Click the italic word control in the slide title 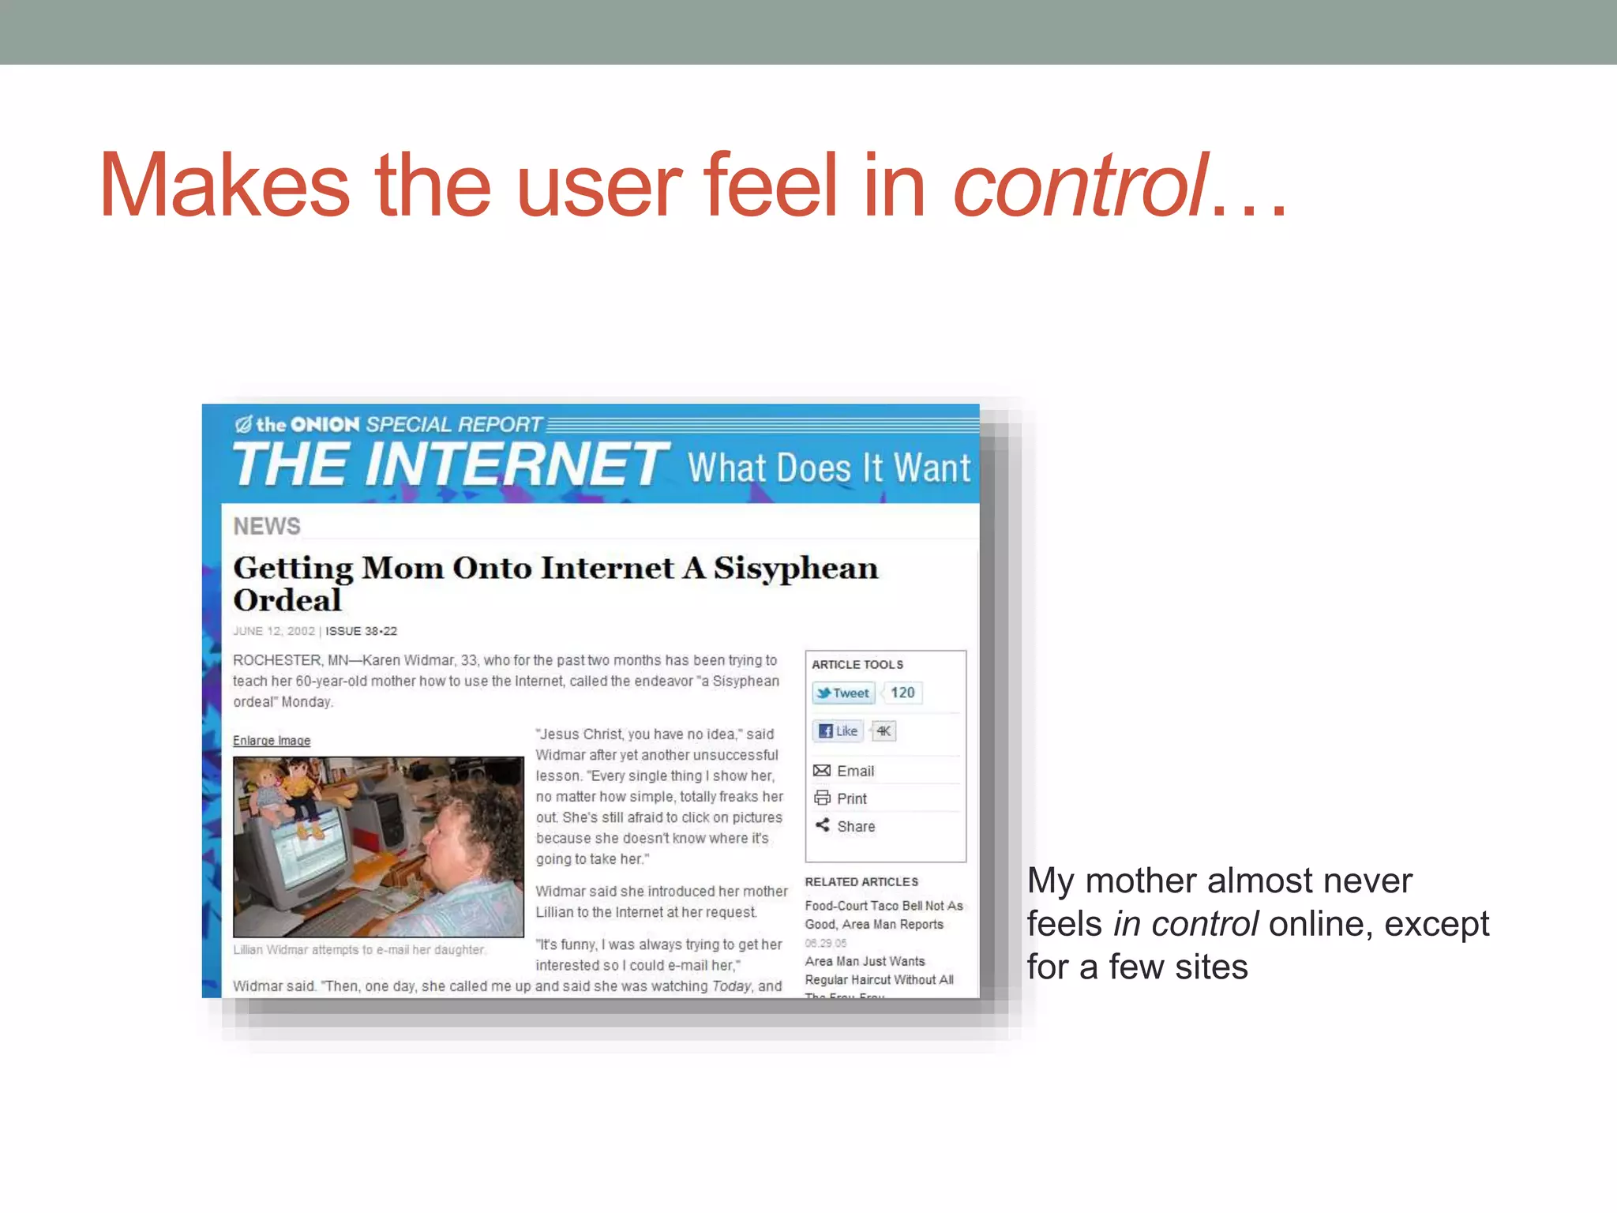coord(1080,186)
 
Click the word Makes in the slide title coord(224,186)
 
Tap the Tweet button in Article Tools coord(842,693)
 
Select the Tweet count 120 coord(902,693)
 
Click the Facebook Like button coord(838,731)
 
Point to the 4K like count coord(884,731)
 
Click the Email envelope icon coord(822,771)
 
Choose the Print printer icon coord(822,798)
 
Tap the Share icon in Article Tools coord(822,825)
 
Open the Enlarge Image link coord(272,741)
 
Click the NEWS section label coord(267,527)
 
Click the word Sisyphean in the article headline coord(796,569)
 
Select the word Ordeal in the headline coord(287,601)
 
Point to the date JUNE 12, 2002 coord(273,631)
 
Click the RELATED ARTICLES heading coord(861,882)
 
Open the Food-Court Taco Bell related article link coord(883,914)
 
